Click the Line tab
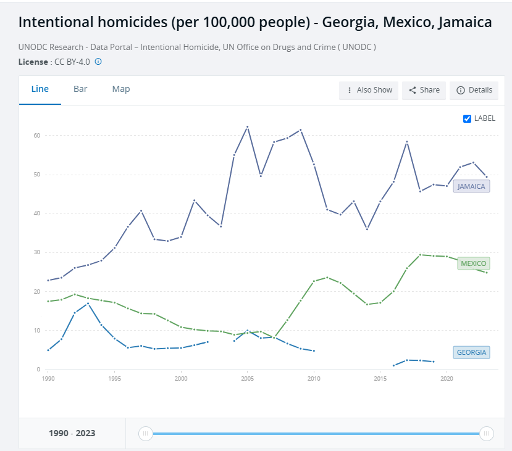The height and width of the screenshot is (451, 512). coord(40,89)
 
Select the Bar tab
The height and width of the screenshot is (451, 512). coord(80,89)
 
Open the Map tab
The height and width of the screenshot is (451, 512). coord(121,89)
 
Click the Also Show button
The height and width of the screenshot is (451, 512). coord(369,90)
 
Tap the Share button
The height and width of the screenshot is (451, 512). coord(424,90)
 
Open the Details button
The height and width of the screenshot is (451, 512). coord(474,90)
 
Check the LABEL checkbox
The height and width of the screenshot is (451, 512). coord(468,118)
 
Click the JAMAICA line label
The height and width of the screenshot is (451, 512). coord(471,186)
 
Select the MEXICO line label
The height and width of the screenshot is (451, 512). coord(474,263)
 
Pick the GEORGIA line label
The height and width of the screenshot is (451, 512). coord(471,353)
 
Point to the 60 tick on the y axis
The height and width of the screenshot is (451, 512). coord(37,135)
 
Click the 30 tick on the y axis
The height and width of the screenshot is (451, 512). coord(37,252)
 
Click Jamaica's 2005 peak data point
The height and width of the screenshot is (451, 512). coord(248,127)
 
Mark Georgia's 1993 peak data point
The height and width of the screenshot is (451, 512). coord(88,303)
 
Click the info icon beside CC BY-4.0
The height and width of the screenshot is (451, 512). coord(98,62)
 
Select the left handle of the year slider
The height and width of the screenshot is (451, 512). coord(146,434)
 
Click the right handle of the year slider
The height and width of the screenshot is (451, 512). coord(487,434)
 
